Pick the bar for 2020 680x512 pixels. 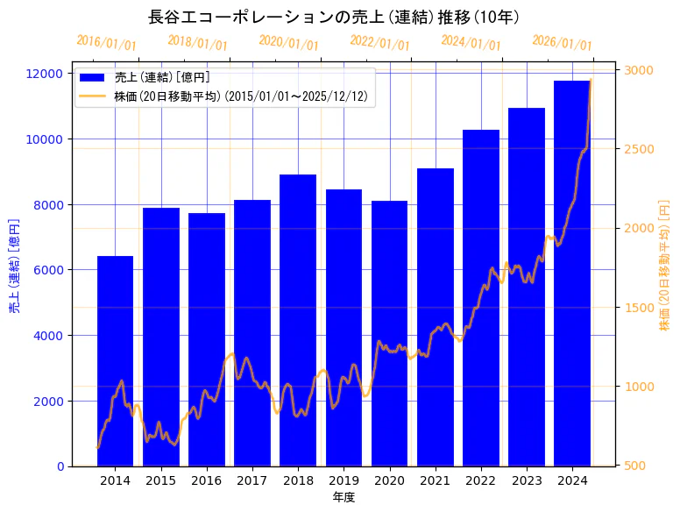pyautogui.click(x=389, y=333)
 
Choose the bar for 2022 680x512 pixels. pyautogui.click(x=481, y=298)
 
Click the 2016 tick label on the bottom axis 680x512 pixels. pyautogui.click(x=207, y=480)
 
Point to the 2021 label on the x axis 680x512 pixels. pyautogui.click(x=436, y=480)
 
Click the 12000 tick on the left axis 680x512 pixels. pyautogui.click(x=44, y=74)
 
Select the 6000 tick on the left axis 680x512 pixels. pyautogui.click(x=47, y=270)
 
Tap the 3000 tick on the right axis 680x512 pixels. pyautogui.click(x=639, y=70)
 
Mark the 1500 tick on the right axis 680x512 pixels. pyautogui.click(x=639, y=308)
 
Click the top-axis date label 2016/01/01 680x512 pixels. pyautogui.click(x=106, y=43)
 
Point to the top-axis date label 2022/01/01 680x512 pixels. pyautogui.click(x=379, y=43)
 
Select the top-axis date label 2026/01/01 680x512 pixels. pyautogui.click(x=562, y=43)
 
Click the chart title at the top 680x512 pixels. pyautogui.click(x=334, y=17)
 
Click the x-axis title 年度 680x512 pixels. pyautogui.click(x=344, y=497)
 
